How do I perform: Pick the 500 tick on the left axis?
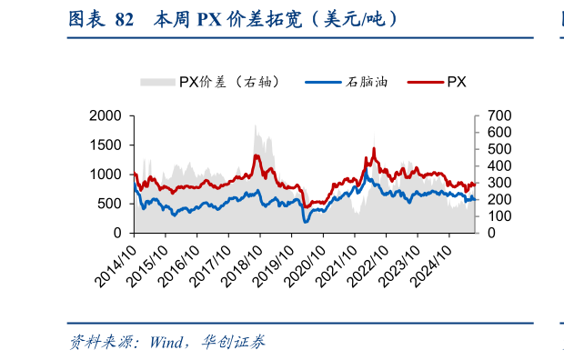coord(111,204)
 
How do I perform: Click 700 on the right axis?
coord(499,115)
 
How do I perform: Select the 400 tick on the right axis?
coord(499,166)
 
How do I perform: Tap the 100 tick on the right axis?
coord(499,216)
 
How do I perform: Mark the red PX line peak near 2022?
coord(375,148)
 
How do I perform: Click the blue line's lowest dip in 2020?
coord(306,221)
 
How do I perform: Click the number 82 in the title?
coord(126,19)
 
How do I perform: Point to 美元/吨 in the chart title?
coord(352,19)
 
